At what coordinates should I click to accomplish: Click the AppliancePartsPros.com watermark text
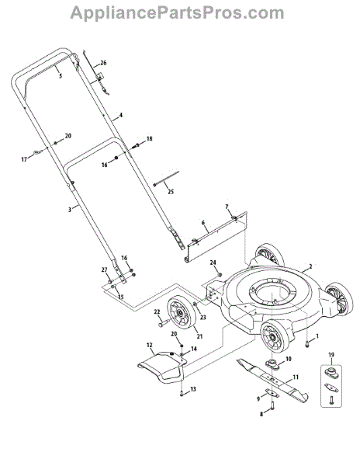(x=177, y=13)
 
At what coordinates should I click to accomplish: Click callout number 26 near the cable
(x=103, y=63)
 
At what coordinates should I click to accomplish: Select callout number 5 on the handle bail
(x=61, y=76)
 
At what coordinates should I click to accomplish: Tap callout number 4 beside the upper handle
(x=120, y=115)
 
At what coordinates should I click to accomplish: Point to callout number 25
(x=171, y=192)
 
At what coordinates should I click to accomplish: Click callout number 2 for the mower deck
(x=310, y=266)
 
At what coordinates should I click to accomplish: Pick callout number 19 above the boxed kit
(x=331, y=355)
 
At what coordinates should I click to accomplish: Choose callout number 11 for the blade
(x=296, y=377)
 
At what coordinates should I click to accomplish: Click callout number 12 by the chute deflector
(x=149, y=345)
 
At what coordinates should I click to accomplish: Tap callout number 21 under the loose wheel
(x=199, y=336)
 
